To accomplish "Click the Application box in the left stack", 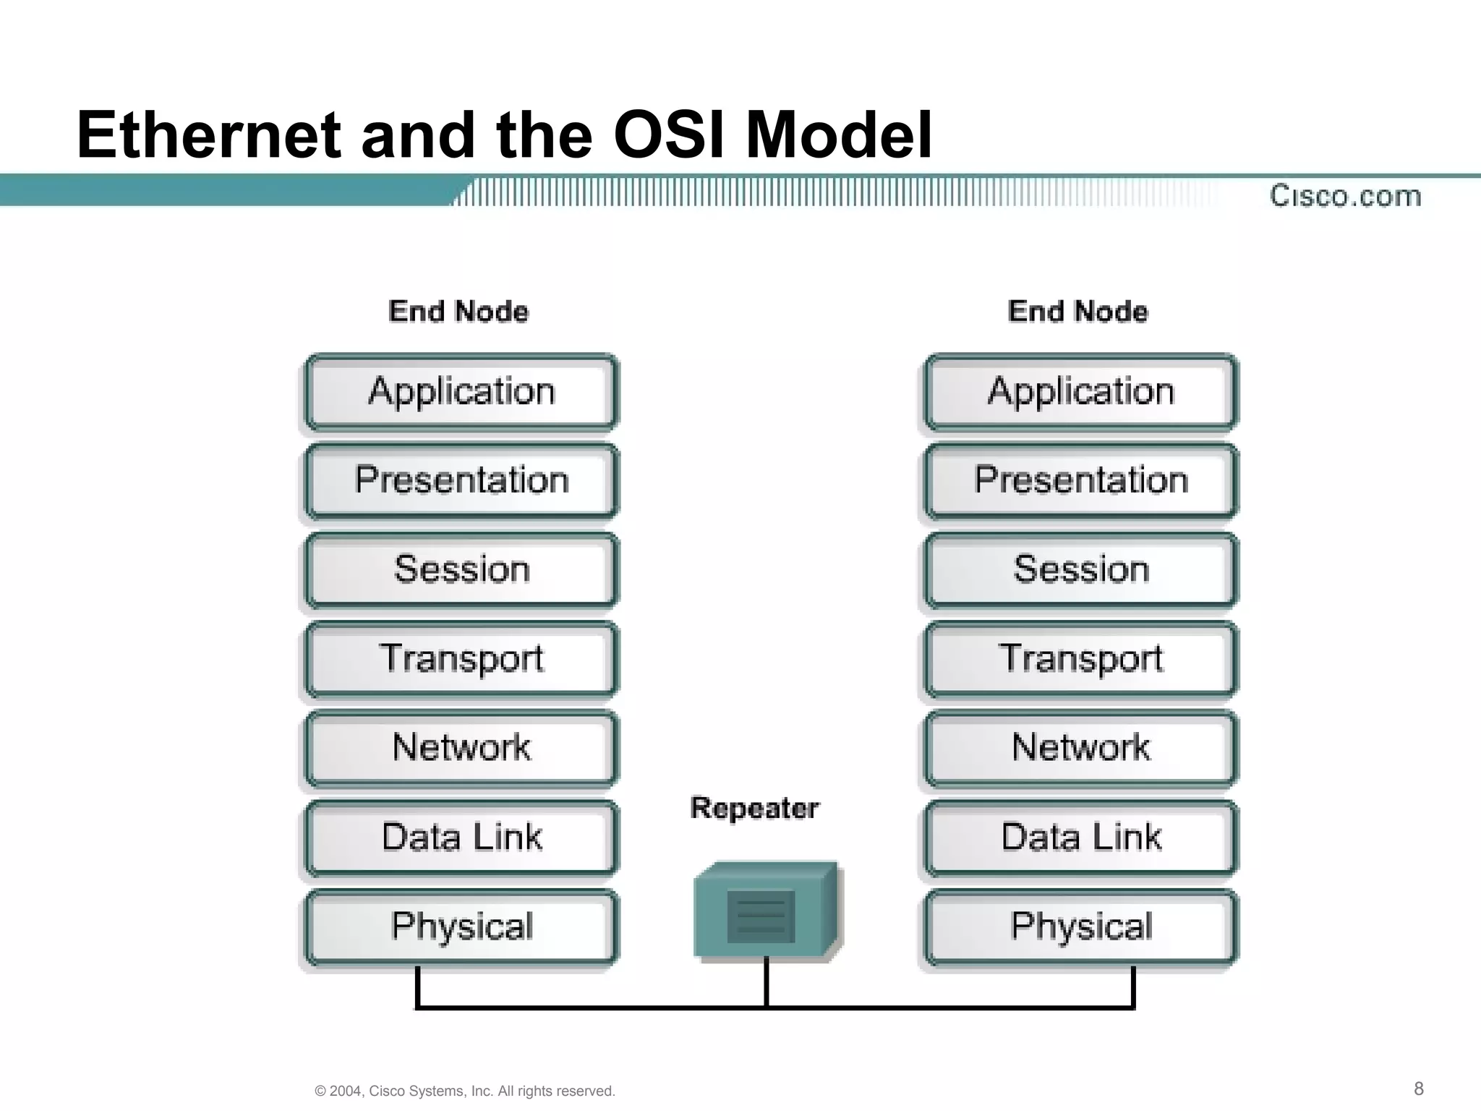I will click(461, 392).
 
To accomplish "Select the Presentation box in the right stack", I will click(1080, 481).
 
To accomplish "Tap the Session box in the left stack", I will click(461, 570).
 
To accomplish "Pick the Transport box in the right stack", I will click(1080, 659).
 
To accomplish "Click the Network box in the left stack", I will click(461, 748).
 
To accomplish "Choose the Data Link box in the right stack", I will click(1080, 838).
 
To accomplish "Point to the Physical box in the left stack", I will click(461, 927).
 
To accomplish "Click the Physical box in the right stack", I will click(1080, 927).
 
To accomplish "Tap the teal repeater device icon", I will click(767, 911).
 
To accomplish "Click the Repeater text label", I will click(754, 808).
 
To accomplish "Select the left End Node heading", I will click(458, 311).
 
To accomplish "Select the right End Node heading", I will click(1077, 311).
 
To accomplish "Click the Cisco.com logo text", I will click(1345, 196).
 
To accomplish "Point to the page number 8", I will click(1419, 1089).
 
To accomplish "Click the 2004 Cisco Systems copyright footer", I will click(465, 1091).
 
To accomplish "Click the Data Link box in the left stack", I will click(461, 838).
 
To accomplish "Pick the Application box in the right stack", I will click(1080, 392).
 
